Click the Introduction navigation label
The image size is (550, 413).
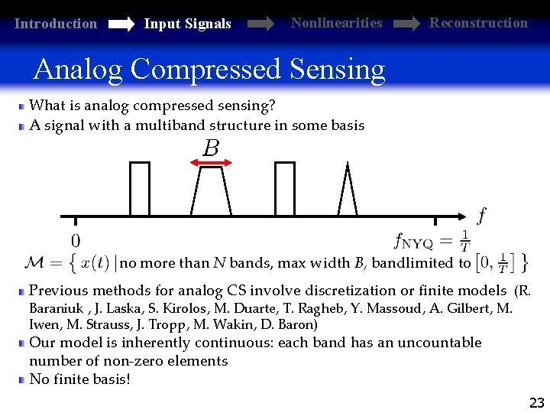[x=56, y=24]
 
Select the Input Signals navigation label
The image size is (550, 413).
[x=187, y=24]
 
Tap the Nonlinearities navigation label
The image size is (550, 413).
[x=336, y=23]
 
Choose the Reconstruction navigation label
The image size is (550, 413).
[x=478, y=23]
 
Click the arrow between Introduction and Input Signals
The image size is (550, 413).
[x=121, y=24]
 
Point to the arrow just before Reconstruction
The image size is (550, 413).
[x=406, y=24]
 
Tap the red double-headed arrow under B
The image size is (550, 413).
[x=210, y=162]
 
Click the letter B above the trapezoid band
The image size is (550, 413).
[x=211, y=148]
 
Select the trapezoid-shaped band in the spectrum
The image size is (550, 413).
[x=211, y=191]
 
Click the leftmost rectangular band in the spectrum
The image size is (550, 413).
[x=140, y=190]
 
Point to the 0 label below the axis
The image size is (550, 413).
[x=76, y=239]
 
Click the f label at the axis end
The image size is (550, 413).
[x=481, y=216]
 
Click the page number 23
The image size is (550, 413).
[x=537, y=402]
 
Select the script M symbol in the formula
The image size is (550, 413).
[x=35, y=263]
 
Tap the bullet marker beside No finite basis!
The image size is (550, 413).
[x=23, y=379]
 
